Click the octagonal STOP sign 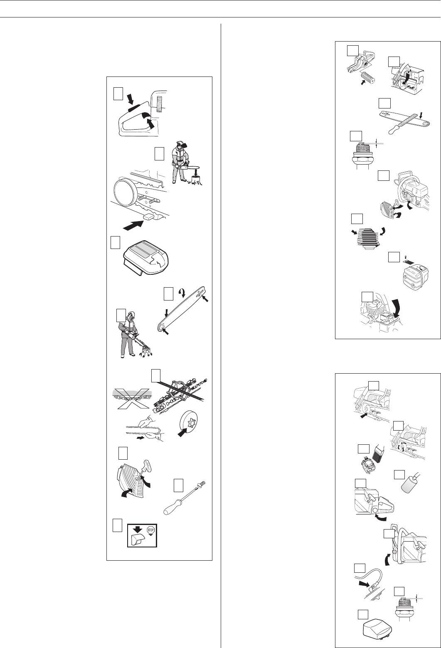(151, 530)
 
